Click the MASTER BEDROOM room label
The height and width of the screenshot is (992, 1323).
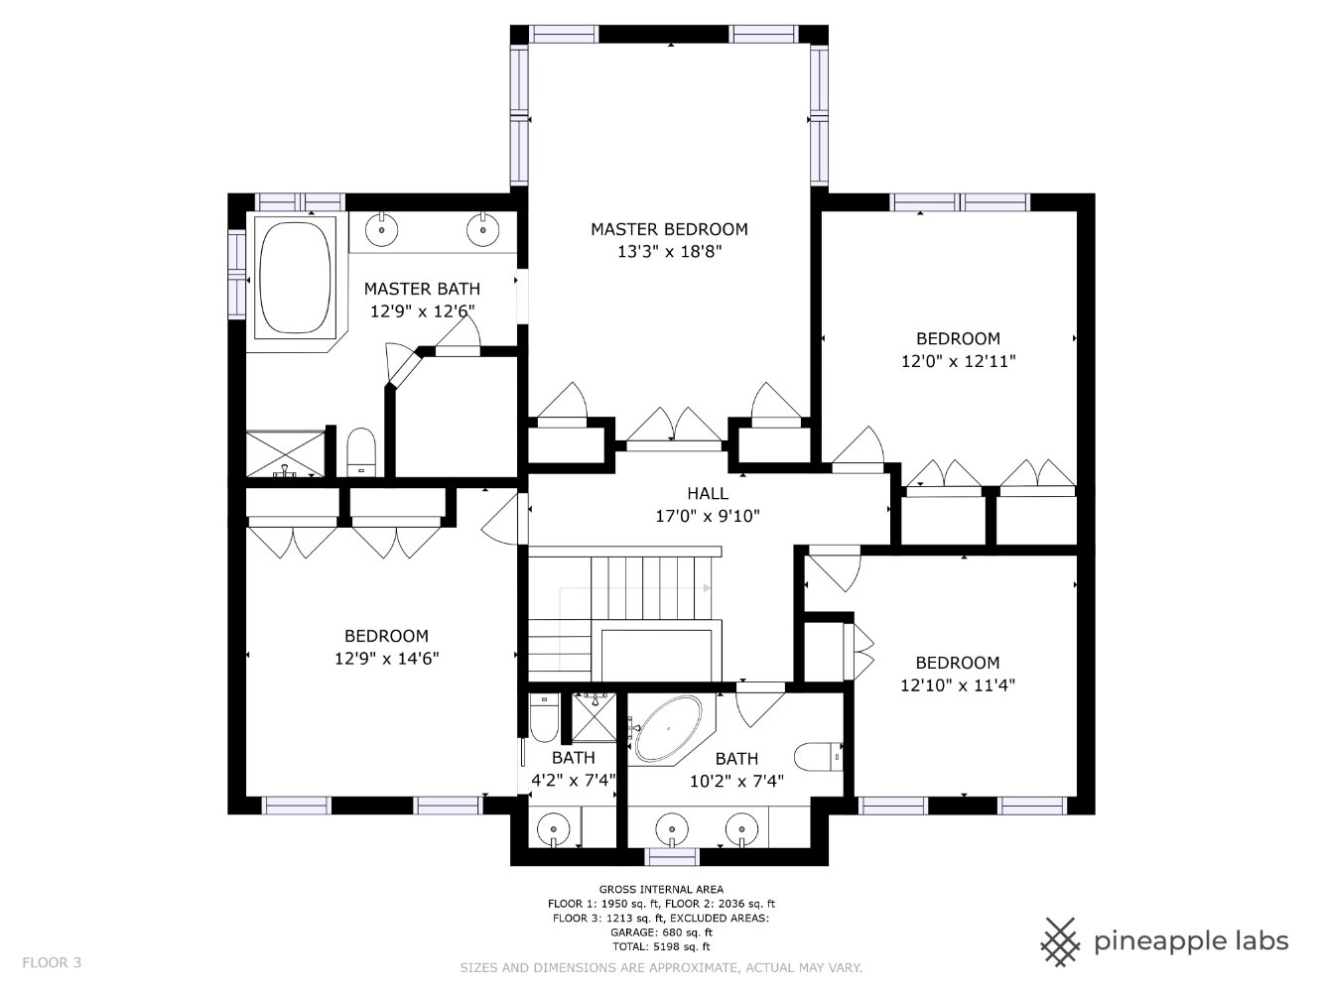669,229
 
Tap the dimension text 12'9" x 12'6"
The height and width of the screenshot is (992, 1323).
422,311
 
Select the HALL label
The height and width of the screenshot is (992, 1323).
708,493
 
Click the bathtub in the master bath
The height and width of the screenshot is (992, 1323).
295,278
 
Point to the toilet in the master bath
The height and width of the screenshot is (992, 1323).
361,451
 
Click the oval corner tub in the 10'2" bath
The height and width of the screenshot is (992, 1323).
668,729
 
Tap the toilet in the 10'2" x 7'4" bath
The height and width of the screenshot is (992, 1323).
819,757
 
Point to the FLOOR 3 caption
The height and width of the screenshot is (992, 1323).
52,962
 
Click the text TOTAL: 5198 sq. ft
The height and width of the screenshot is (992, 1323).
661,946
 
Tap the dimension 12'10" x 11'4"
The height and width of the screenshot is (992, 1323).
958,685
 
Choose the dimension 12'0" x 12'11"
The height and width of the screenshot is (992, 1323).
959,361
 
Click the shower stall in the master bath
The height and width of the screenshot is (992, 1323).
286,453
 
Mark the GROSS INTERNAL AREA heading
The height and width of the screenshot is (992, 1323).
661,889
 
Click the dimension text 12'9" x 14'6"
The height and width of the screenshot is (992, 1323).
386,659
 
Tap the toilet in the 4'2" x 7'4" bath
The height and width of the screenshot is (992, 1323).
544,718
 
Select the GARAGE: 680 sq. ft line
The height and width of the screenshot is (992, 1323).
661,932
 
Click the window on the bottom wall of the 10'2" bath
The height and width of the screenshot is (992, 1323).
672,856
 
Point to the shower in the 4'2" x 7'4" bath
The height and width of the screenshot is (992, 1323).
594,718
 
